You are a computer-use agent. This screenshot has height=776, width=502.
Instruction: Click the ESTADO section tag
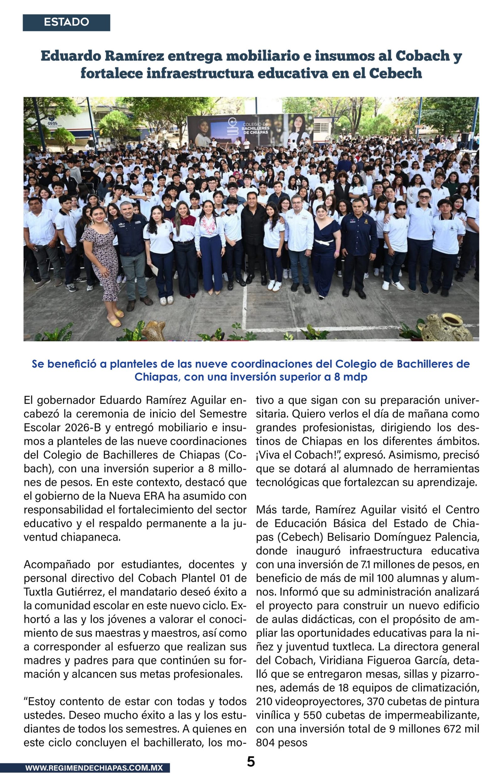(x=66, y=23)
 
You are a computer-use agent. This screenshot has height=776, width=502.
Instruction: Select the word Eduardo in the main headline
(x=69, y=56)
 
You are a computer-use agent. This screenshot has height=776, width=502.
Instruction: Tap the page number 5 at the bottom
(x=251, y=761)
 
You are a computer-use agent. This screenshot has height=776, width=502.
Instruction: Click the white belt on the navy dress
(x=324, y=242)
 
